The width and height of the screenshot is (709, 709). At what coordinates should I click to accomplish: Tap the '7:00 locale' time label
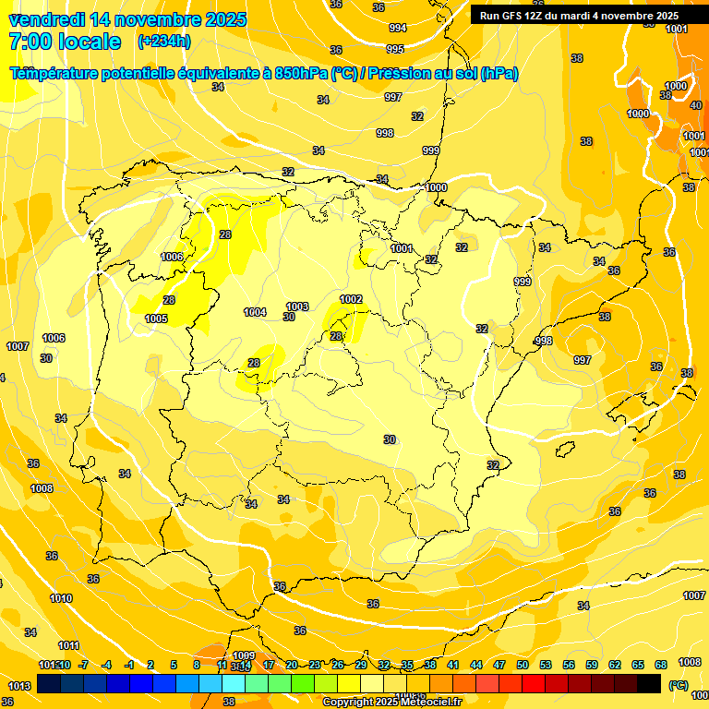[65, 42]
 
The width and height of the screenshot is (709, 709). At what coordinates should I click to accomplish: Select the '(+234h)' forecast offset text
[163, 42]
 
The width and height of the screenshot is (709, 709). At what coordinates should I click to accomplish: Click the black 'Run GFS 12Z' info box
[579, 16]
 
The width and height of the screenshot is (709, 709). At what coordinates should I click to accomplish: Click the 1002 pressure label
[351, 299]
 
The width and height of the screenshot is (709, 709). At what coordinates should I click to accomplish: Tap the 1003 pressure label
[297, 306]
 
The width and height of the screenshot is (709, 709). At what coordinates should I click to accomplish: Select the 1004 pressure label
[255, 312]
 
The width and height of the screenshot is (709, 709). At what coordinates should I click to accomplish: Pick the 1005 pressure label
[156, 318]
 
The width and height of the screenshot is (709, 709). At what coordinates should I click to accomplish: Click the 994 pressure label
[397, 28]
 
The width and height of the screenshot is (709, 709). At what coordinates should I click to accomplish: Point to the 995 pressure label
[395, 49]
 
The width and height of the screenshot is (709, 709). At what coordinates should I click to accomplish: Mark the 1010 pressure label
[61, 598]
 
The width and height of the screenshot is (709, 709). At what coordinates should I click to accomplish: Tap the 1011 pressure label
[68, 645]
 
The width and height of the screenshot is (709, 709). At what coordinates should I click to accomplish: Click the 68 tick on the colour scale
[661, 665]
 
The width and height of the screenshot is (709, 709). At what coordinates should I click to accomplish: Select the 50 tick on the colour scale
[523, 665]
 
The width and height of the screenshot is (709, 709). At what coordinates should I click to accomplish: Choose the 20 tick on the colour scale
[291, 665]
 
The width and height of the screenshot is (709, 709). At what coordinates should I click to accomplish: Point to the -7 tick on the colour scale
[83, 665]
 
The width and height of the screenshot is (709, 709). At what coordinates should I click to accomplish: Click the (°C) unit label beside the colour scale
[678, 685]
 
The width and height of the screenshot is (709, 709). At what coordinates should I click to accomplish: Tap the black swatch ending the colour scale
[649, 683]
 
